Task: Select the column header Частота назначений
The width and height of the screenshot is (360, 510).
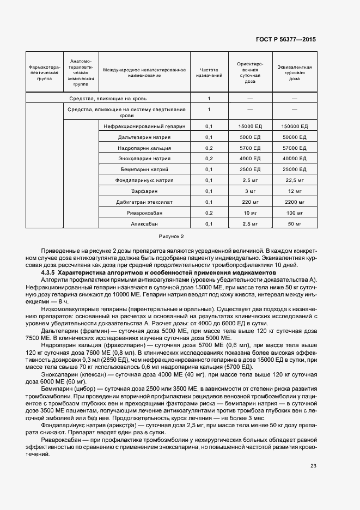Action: [x=209, y=73]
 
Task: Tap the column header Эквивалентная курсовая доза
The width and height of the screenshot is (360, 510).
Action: [x=295, y=73]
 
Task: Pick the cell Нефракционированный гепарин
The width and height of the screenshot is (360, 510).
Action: [x=144, y=126]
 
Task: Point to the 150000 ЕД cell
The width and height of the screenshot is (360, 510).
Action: [x=295, y=126]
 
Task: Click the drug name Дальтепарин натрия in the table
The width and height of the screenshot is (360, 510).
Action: [x=144, y=137]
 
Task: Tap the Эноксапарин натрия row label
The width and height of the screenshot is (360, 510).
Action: [x=144, y=159]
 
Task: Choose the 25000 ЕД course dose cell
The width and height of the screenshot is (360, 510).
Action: [x=295, y=169]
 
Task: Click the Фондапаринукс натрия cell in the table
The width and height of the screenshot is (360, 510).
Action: [x=144, y=180]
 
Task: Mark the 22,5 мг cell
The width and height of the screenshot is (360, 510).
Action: [x=295, y=180]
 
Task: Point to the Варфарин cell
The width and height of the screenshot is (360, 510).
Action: [x=144, y=191]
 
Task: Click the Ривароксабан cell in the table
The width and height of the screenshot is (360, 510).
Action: [x=144, y=213]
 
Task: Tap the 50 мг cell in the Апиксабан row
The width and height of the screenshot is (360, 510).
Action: [x=295, y=224]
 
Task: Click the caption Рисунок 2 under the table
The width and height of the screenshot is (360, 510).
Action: [x=172, y=236]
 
